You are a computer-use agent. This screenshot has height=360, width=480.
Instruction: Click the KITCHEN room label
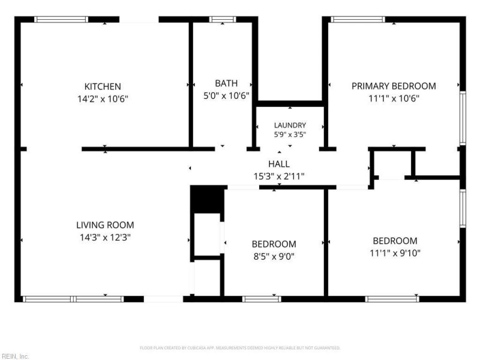tap(103, 86)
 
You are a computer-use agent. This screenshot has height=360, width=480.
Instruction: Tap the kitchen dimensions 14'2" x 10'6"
tap(103, 99)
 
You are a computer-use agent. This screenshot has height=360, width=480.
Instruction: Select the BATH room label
tap(226, 83)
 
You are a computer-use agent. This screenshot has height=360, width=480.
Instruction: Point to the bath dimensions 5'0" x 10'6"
tap(226, 96)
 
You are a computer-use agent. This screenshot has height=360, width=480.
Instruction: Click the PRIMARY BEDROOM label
tap(394, 86)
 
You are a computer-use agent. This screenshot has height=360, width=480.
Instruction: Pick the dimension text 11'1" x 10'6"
tap(394, 98)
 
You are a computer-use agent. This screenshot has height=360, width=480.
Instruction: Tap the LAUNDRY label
tap(290, 125)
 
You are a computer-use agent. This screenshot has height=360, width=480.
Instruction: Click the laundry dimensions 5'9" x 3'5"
tap(290, 134)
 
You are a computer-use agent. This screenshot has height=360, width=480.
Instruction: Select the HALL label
tap(279, 164)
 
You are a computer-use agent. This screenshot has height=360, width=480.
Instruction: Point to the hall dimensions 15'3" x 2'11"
tap(279, 176)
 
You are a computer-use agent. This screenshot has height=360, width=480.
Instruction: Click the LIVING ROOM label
tap(105, 225)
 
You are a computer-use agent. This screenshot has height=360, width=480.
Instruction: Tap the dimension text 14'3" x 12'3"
tap(105, 238)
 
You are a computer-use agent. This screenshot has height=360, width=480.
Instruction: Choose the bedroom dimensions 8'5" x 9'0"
tap(274, 256)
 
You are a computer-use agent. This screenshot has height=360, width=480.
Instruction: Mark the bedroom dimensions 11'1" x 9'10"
tap(395, 253)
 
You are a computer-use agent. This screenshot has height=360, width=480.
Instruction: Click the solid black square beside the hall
tap(207, 199)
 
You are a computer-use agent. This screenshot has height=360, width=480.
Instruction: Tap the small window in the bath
tap(223, 20)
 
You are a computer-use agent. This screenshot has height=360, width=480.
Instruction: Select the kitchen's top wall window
tap(61, 20)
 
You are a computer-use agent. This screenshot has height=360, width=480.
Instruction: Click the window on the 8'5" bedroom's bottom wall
tap(262, 299)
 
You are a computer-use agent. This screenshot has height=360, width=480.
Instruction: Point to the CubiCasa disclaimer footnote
tap(240, 348)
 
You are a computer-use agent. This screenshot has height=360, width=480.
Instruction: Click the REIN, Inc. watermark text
tap(14, 356)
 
